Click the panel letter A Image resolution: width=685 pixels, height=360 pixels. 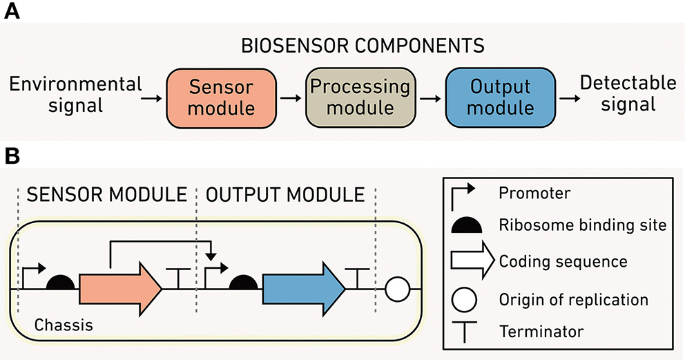12,12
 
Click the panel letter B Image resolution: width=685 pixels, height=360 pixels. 12,155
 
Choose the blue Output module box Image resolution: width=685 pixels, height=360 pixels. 500,98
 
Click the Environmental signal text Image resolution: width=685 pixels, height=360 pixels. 75,95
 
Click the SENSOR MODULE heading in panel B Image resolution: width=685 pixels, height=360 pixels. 106,195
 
